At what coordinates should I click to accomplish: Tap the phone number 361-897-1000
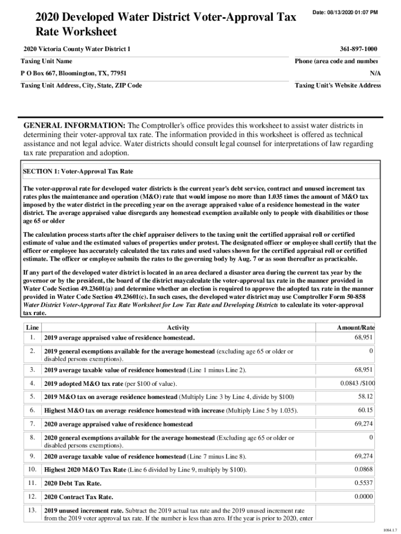pyautogui.click(x=358, y=49)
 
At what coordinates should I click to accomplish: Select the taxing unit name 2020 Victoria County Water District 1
pyautogui.click(x=77, y=49)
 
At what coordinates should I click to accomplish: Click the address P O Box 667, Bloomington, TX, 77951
pyautogui.click(x=73, y=74)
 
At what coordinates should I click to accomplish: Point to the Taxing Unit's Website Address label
pyautogui.click(x=337, y=86)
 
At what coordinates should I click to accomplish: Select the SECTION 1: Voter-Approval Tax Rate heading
pyautogui.click(x=78, y=171)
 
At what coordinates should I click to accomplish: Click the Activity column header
pyautogui.click(x=178, y=327)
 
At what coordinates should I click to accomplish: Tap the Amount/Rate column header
pyautogui.click(x=356, y=327)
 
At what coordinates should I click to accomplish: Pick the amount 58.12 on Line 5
pyautogui.click(x=365, y=397)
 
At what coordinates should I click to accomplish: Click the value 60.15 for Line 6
pyautogui.click(x=365, y=410)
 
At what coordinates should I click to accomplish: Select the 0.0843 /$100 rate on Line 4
pyautogui.click(x=357, y=384)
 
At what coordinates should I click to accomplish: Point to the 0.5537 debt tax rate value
pyautogui.click(x=364, y=483)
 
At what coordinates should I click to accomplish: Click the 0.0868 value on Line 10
pyautogui.click(x=364, y=469)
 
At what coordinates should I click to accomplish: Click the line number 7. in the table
pyautogui.click(x=32, y=423)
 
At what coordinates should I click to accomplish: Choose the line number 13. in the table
pyautogui.click(x=32, y=510)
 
